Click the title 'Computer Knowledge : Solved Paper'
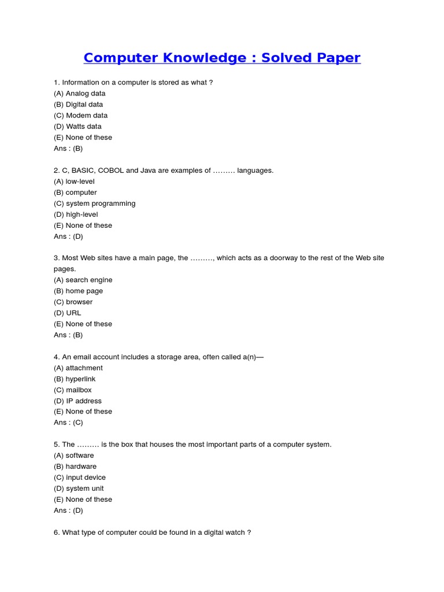(x=222, y=58)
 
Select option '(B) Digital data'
(x=79, y=105)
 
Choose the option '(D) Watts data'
(x=77, y=127)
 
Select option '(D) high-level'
(x=76, y=214)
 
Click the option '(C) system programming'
(x=95, y=203)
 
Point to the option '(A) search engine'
(x=83, y=280)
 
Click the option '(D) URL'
(x=68, y=313)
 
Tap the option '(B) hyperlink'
(x=75, y=379)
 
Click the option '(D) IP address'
(x=77, y=401)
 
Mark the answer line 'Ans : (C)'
(x=68, y=423)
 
